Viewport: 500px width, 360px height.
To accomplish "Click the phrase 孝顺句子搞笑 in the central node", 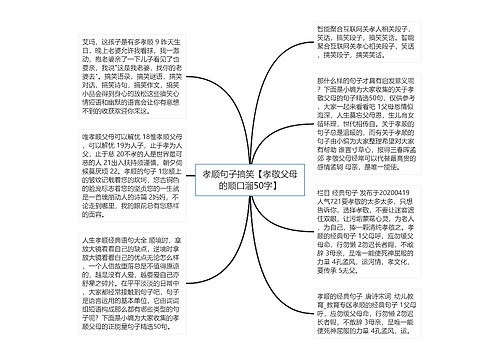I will [211, 172].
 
